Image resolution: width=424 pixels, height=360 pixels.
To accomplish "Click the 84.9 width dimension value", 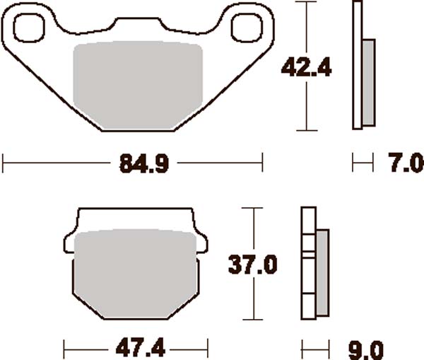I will coord(134,166).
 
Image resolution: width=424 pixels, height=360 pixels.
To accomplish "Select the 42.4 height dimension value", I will coord(306,66).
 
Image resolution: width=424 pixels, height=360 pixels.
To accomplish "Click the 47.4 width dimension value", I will coord(136,349).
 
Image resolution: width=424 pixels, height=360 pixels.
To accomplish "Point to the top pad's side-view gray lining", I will coord(369,81).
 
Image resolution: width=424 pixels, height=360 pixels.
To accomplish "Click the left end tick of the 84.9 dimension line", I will coord(3,165).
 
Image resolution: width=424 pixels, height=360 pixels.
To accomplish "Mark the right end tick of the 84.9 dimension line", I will coord(262,165).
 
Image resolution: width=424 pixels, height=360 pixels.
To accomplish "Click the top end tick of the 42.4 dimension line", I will coord(305,2).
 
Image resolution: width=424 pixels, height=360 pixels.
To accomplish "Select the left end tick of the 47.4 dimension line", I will coord(64,348).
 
